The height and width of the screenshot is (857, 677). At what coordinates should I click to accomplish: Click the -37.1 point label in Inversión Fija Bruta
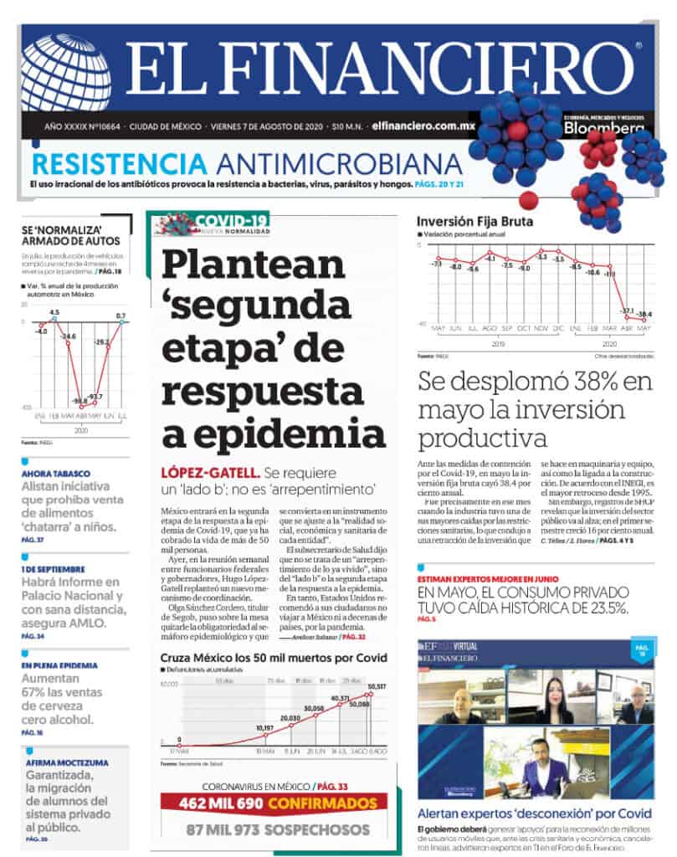click(x=626, y=310)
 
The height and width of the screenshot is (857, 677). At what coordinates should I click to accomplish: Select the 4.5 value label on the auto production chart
click(x=54, y=312)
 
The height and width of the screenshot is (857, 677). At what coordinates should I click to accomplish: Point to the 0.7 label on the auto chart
click(x=121, y=316)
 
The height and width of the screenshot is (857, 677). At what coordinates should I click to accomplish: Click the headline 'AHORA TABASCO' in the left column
click(x=56, y=473)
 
